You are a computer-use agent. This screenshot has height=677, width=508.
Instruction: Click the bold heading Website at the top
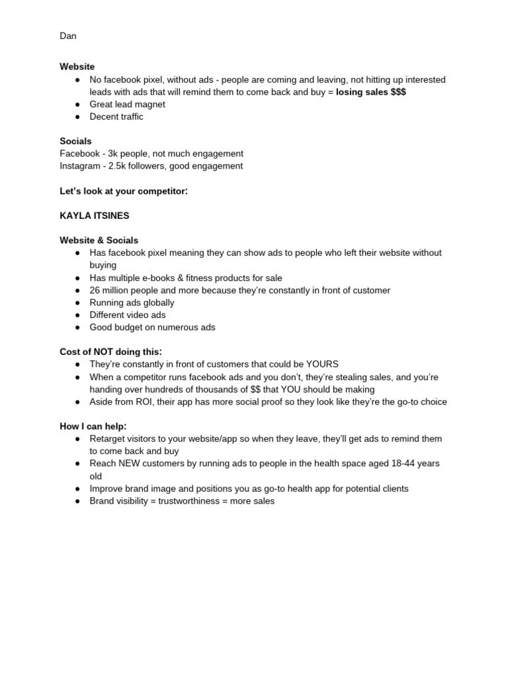click(77, 67)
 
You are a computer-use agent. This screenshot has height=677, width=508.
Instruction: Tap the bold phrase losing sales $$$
click(370, 92)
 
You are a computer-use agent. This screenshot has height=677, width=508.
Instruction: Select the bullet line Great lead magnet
click(127, 104)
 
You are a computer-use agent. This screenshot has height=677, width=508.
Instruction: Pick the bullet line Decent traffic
click(116, 117)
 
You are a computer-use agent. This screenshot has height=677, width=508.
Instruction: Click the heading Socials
click(75, 141)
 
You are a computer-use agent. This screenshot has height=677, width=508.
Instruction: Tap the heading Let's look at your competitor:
click(124, 191)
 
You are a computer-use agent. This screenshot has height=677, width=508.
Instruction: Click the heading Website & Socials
click(99, 241)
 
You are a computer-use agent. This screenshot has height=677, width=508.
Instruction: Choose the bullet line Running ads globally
click(132, 303)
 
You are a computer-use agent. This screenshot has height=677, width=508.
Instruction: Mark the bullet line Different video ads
click(128, 315)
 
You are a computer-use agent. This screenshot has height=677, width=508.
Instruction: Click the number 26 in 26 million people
click(95, 290)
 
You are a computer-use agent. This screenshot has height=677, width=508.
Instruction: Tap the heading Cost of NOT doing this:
click(110, 352)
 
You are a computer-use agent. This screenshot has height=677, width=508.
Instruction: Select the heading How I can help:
click(93, 426)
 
